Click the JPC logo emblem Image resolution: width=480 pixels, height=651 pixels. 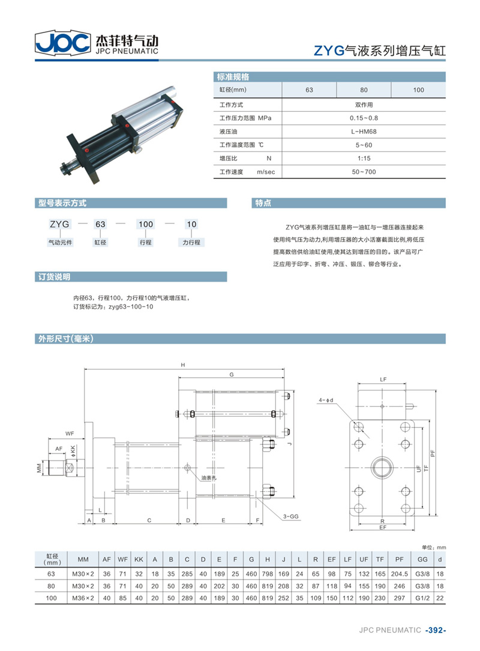(x=63, y=43)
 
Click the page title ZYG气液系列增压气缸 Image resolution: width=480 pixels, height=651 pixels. (x=380, y=50)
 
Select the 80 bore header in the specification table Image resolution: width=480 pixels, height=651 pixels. (x=364, y=89)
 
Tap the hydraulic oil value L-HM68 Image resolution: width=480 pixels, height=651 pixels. (x=364, y=132)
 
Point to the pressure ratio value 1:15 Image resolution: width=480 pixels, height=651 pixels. (x=364, y=158)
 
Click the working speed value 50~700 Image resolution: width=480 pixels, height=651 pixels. (x=364, y=172)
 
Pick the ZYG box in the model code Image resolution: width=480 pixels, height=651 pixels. (x=60, y=224)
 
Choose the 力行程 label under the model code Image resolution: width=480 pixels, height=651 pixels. (x=191, y=243)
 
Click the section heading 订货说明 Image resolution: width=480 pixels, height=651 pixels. (x=55, y=277)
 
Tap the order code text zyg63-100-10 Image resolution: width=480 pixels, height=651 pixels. (x=131, y=307)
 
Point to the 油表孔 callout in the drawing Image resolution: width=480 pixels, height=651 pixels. (x=209, y=478)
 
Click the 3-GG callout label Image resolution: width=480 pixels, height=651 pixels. (x=291, y=516)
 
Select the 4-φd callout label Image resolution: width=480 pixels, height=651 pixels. (x=326, y=400)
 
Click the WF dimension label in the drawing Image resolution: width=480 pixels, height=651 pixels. (x=69, y=434)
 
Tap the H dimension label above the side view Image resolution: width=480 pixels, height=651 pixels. (x=183, y=365)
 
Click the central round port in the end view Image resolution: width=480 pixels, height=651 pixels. (x=382, y=467)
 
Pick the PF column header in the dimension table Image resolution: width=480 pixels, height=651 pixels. (x=399, y=559)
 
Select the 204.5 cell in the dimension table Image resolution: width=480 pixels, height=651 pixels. (x=399, y=574)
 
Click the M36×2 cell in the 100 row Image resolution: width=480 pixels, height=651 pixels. (x=83, y=598)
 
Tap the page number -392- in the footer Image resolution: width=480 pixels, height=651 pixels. (x=436, y=630)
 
